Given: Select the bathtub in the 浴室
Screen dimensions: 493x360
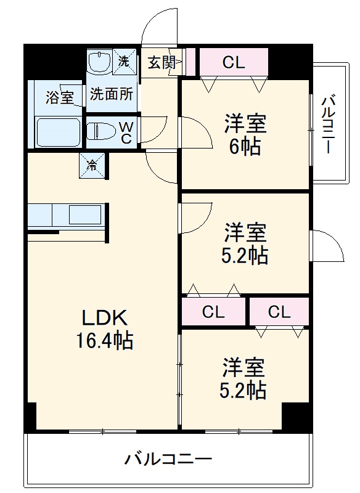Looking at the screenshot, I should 59,132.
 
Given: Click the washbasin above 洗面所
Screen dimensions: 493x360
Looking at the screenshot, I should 99,63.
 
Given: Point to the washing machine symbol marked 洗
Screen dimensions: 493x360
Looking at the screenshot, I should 125,62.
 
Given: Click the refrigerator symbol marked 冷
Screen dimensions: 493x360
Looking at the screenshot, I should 92,165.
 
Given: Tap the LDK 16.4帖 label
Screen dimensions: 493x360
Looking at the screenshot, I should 105,329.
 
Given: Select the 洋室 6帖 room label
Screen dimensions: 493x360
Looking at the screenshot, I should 245,134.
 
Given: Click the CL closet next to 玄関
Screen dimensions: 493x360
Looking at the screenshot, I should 234,62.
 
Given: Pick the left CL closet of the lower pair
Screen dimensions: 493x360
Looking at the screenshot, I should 213,312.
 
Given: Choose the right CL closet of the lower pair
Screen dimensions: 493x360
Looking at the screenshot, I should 279,312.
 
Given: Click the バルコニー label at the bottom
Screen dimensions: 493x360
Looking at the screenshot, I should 168,459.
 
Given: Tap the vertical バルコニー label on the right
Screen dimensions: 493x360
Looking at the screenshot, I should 329,123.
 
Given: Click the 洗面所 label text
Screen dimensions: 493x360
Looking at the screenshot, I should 112,94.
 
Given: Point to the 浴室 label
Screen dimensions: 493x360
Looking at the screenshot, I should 60,97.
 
